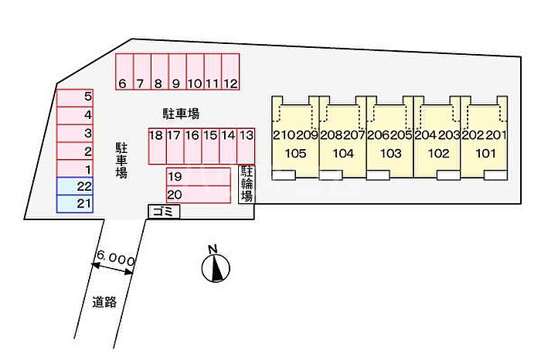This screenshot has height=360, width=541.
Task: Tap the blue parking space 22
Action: (75, 186)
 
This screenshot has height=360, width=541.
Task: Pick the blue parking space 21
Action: (75, 203)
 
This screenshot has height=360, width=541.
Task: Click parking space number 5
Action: (75, 97)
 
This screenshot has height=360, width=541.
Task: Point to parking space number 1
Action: (75, 168)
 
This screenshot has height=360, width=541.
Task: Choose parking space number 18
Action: (156, 144)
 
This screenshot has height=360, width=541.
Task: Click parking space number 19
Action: (198, 176)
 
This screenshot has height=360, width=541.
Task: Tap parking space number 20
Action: (198, 194)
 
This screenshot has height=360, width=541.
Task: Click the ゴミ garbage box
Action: (163, 212)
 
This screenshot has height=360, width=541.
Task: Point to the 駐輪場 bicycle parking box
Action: (247, 184)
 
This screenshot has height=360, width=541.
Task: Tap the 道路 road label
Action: (104, 302)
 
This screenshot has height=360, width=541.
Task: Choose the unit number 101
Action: (485, 153)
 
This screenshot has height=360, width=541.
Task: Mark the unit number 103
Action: (390, 153)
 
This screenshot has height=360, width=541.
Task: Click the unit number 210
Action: (283, 135)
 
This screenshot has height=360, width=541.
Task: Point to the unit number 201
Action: (496, 135)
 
